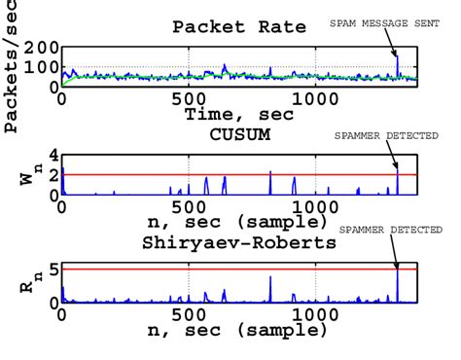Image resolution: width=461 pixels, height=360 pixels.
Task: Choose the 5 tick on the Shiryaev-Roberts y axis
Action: coord(53,269)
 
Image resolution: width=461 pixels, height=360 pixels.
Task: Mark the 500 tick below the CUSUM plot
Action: coord(188,207)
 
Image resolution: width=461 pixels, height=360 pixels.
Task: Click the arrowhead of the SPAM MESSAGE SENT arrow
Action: coord(396,59)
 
